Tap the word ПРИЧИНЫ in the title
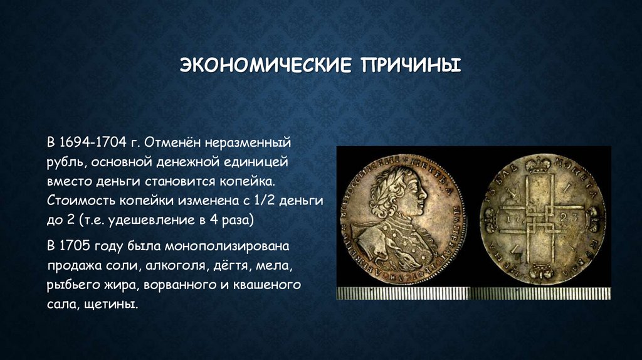pyautogui.click(x=409, y=65)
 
